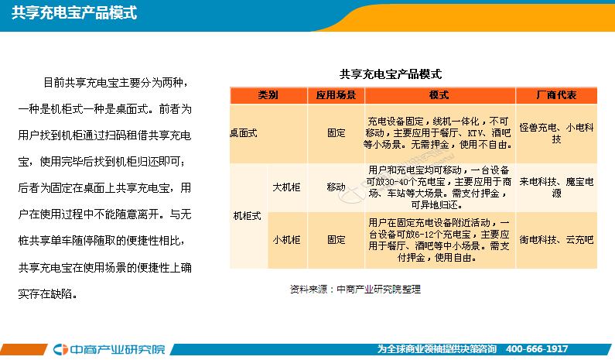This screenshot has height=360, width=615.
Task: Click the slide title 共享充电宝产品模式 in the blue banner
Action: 74,13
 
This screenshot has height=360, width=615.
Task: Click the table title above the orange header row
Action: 391,74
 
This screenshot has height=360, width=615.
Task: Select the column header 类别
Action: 268,95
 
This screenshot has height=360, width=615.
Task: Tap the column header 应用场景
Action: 337,95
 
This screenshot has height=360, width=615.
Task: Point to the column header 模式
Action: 439,95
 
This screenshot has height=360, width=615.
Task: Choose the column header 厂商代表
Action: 556,95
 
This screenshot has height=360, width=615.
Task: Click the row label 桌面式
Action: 244,133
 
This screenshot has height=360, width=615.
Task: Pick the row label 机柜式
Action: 247,216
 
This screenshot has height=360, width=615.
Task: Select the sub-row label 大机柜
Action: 287,187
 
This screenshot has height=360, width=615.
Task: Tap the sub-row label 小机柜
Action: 287,240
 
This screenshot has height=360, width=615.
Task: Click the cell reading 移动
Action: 337,187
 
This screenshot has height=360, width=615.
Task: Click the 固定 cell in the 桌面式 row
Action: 337,133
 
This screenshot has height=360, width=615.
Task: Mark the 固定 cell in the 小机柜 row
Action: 337,240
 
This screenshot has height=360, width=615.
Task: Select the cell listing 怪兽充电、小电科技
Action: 556,133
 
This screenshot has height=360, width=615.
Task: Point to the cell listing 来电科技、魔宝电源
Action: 556,187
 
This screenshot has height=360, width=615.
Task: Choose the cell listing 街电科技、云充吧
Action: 556,240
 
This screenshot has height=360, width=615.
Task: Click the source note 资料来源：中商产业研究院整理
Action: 355,290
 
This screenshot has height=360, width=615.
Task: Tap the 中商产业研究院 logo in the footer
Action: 109,349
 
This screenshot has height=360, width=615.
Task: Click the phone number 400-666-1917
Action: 537,349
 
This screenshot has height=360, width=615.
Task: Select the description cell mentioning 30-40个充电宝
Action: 439,187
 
